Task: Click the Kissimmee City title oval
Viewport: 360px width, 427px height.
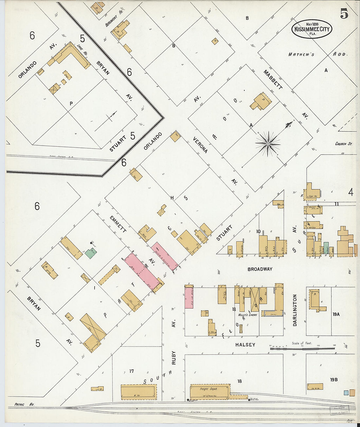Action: [x=312, y=29]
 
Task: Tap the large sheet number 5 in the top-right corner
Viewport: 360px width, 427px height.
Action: [x=344, y=14]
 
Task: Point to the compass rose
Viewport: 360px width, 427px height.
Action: [x=268, y=144]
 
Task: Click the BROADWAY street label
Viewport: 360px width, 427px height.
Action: [x=260, y=269]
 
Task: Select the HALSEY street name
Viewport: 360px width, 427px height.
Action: [x=245, y=345]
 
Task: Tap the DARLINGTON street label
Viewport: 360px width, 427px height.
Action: [x=295, y=310]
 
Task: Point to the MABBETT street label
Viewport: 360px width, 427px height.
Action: [x=273, y=79]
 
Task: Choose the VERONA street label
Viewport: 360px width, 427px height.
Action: [x=200, y=145]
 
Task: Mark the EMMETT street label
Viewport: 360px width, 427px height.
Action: [x=118, y=224]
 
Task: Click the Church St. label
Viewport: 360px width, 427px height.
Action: [x=343, y=144]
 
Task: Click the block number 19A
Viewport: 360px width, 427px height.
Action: [x=336, y=314]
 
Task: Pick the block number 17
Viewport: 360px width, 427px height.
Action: [x=132, y=371]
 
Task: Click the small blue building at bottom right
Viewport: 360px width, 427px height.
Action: [x=346, y=393]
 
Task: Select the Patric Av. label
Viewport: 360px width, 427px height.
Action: [x=24, y=405]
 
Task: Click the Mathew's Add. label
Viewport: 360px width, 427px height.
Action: [x=317, y=54]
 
